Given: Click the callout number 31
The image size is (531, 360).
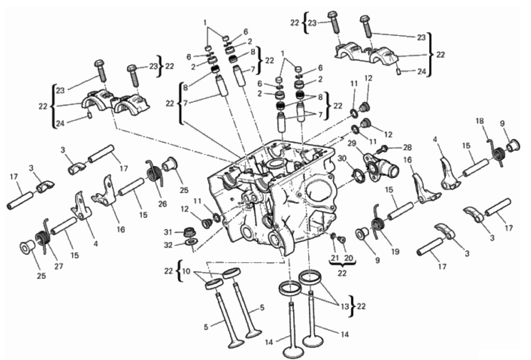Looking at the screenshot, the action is (168, 232).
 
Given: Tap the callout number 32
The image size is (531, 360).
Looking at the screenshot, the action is (168, 245).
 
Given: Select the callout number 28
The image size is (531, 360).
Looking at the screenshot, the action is (407, 147).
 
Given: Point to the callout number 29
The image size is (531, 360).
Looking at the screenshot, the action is (352, 143).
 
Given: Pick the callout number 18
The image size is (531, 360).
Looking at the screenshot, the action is (480, 121).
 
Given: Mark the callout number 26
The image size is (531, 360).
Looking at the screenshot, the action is (162, 204).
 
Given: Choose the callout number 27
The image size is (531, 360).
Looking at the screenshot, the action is (59, 266).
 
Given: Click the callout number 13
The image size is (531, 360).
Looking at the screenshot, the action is (345, 307).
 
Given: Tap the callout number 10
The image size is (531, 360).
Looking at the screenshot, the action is (186, 271).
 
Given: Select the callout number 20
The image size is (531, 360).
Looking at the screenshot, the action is (349, 258).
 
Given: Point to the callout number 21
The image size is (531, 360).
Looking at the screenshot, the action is (335, 258).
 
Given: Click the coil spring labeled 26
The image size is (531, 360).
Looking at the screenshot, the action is (154, 172).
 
